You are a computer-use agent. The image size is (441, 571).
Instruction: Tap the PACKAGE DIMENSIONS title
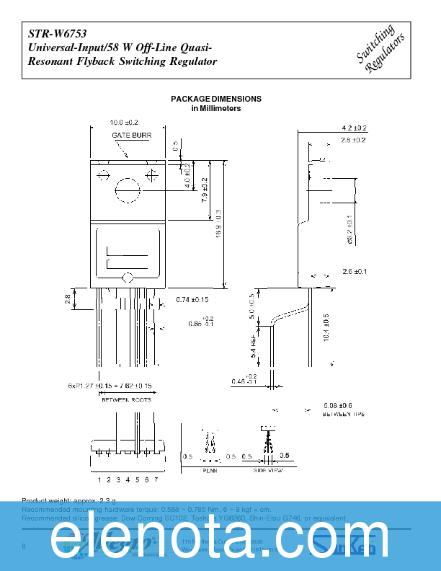215,99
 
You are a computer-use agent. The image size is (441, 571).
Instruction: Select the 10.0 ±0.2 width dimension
123,123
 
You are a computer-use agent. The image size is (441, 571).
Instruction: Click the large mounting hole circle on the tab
128,190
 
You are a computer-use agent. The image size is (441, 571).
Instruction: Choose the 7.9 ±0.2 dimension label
205,190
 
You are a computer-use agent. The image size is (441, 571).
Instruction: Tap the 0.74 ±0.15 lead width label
192,299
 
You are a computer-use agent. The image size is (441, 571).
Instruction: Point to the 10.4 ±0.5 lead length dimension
326,328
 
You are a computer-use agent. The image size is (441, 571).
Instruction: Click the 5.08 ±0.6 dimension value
337,405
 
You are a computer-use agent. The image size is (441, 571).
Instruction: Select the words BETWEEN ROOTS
125,399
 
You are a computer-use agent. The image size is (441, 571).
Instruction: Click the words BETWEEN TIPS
344,415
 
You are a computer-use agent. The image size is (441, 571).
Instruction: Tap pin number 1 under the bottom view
99,479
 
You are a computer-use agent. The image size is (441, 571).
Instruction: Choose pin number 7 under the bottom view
155,479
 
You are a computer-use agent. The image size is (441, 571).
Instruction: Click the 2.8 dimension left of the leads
68,297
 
